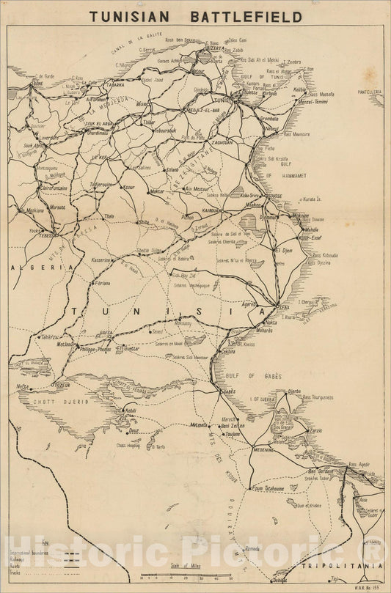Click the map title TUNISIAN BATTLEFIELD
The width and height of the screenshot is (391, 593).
(195, 16)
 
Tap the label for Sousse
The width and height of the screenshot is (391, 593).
(273, 196)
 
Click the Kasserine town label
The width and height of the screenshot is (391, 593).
(100, 259)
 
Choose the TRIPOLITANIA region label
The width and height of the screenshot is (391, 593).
(355, 566)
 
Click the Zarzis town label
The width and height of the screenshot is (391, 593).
(315, 432)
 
